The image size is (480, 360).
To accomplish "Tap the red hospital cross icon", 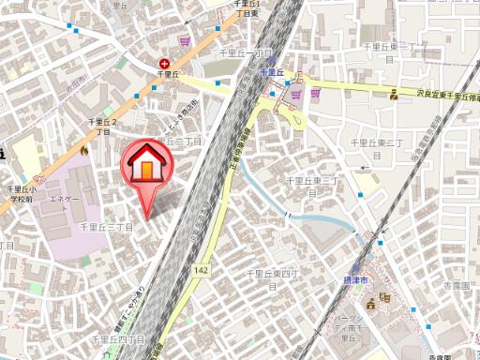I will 165,62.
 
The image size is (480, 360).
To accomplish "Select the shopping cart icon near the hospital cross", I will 185,41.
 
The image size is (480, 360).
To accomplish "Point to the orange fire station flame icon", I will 84,149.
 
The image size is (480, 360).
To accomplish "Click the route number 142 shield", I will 199,270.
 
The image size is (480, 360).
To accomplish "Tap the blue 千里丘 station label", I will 271,72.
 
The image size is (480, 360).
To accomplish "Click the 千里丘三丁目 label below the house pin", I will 107,227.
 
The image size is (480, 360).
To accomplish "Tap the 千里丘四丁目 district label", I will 118,339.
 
